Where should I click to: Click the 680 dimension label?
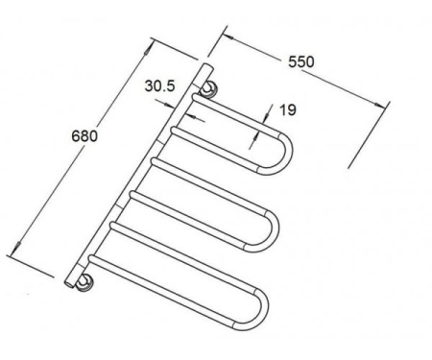coord(84,136)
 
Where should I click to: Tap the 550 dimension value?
coord(301,61)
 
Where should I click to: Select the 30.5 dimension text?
coord(159,85)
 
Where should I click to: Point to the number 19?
coord(288,109)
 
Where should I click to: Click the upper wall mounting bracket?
coord(209,89)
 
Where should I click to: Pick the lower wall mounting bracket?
coord(84,283)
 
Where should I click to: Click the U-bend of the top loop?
coord(281,154)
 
